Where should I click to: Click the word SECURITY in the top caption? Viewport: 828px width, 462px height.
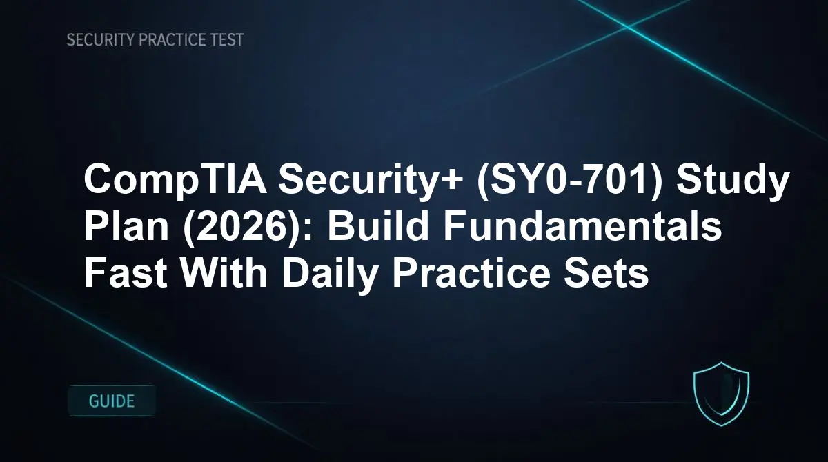pos(100,40)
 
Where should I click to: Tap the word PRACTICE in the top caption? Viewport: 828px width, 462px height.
pos(172,40)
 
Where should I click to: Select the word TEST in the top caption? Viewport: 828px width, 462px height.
pos(227,40)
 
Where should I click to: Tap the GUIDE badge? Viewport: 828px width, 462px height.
pos(112,401)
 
